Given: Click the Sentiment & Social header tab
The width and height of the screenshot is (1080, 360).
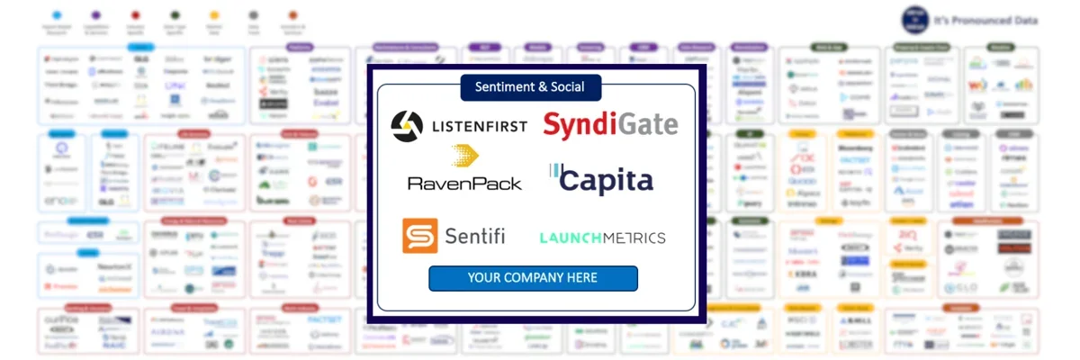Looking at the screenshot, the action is pyautogui.click(x=531, y=87).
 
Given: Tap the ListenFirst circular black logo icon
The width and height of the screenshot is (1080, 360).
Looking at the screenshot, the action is pyautogui.click(x=406, y=126).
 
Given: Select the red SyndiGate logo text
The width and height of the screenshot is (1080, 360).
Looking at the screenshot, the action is pyautogui.click(x=609, y=124).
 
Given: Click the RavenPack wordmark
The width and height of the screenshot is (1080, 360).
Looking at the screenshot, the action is pyautogui.click(x=464, y=183).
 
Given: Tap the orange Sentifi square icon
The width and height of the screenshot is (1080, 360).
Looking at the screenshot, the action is pyautogui.click(x=419, y=236).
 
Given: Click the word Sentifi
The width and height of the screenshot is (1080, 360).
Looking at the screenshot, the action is pyautogui.click(x=475, y=237).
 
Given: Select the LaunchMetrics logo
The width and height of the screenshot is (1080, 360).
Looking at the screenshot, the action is pyautogui.click(x=602, y=238).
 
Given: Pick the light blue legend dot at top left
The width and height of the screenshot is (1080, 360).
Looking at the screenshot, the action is pyautogui.click(x=57, y=15).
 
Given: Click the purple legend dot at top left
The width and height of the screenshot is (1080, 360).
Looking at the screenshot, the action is pyautogui.click(x=96, y=15).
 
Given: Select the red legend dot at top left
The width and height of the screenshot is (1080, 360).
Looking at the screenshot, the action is pyautogui.click(x=135, y=15).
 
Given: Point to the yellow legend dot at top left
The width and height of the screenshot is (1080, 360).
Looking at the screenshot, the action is pyautogui.click(x=213, y=15).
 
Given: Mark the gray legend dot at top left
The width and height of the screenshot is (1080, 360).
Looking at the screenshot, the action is pyautogui.click(x=253, y=15).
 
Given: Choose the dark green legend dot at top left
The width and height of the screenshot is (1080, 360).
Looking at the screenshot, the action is pyautogui.click(x=175, y=15).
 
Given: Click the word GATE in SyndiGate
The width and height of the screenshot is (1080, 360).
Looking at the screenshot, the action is pyautogui.click(x=643, y=124).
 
